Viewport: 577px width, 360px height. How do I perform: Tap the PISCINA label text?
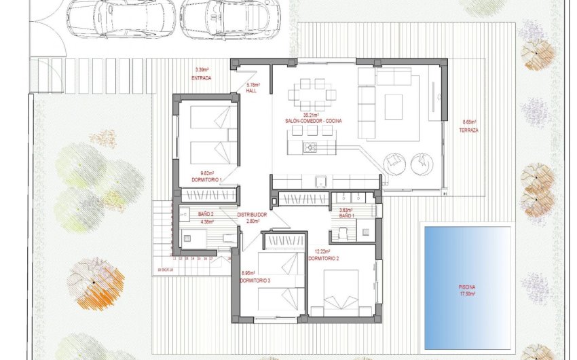[x=467, y=287]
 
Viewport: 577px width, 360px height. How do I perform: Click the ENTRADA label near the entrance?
[x=202, y=78]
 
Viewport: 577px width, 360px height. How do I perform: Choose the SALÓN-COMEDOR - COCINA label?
[x=314, y=120]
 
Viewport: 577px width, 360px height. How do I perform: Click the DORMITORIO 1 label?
[x=206, y=179]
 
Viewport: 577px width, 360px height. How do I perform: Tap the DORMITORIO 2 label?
[x=323, y=259]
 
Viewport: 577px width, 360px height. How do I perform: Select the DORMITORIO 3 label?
[x=256, y=281]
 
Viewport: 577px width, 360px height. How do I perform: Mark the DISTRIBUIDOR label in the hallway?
[x=252, y=215]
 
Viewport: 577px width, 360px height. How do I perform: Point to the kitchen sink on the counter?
[x=324, y=181]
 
